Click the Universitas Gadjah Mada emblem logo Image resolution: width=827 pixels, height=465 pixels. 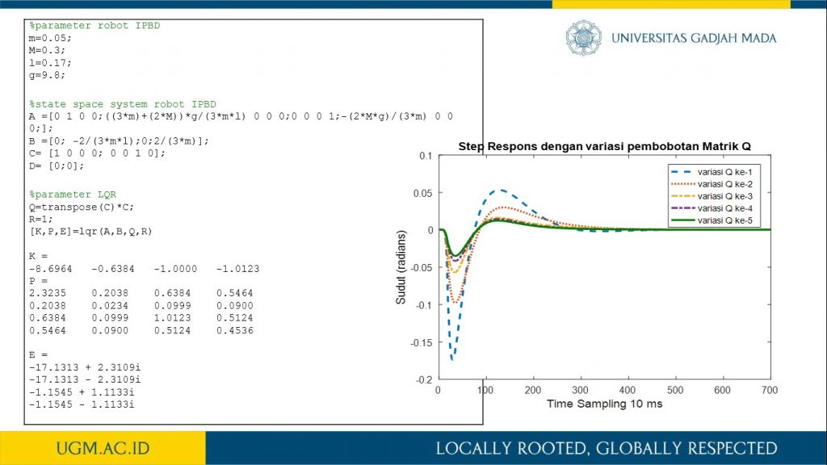click(x=583, y=37)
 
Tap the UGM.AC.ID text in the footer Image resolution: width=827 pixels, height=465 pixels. click(x=103, y=448)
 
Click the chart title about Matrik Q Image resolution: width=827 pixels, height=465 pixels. click(x=604, y=146)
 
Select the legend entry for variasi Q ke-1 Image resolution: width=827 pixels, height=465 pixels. click(x=712, y=172)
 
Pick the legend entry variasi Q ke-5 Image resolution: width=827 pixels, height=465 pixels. click(x=712, y=220)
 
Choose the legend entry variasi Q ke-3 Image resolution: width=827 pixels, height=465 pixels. click(x=712, y=196)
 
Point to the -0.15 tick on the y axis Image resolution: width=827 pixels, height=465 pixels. click(x=422, y=342)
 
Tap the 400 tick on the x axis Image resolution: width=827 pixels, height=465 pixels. click(x=628, y=390)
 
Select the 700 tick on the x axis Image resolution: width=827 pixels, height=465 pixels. click(x=770, y=390)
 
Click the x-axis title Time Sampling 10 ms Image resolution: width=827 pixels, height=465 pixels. click(x=604, y=404)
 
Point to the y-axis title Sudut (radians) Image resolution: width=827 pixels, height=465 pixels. click(x=401, y=267)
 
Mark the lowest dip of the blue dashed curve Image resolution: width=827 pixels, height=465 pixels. click(x=452, y=359)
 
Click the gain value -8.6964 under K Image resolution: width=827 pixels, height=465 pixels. click(x=51, y=269)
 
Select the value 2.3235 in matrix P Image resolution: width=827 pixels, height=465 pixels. click(x=48, y=293)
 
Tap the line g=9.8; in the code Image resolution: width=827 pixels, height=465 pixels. click(x=47, y=75)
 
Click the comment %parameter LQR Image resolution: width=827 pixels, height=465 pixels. click(x=73, y=195)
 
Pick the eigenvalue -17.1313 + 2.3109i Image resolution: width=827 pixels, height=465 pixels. click(x=85, y=367)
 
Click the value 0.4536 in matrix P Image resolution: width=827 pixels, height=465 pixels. click(x=235, y=330)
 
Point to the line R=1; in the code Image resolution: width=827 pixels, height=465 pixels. click(x=41, y=220)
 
